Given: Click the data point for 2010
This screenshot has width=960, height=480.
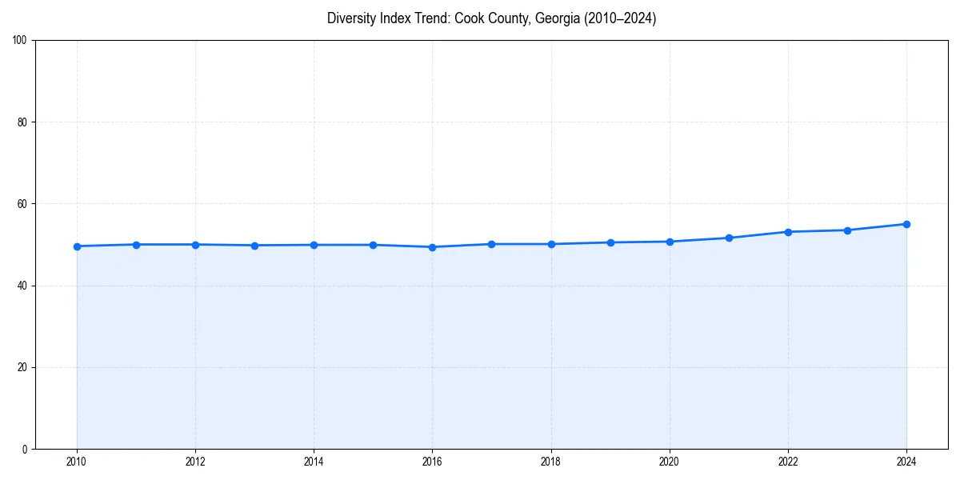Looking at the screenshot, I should pos(77,246).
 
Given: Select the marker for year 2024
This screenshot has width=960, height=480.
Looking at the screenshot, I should pos(906,224).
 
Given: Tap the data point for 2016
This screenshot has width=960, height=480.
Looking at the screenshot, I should pos(432,247).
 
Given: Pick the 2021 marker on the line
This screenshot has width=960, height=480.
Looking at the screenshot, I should pos(729,238).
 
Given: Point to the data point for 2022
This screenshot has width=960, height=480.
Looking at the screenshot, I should pos(788,232).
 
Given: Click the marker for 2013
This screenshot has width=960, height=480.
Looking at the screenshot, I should pos(254,246).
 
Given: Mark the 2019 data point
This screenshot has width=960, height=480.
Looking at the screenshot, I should pos(610,242).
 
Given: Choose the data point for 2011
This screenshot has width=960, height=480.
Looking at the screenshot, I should pos(136,245).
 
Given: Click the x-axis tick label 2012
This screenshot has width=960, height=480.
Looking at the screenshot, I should pos(195,462).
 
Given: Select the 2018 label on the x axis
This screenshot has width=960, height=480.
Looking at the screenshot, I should pos(551,462).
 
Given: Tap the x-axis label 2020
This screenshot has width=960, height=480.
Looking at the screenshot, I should pos(670,462).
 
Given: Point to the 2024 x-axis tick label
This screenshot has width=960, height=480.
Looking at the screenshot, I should pos(906,462).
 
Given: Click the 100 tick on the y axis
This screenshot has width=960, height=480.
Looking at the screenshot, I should pos(20,41).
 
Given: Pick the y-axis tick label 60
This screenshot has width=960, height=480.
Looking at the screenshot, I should pos(22,204).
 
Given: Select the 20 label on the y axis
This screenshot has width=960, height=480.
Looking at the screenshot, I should pos(22,367).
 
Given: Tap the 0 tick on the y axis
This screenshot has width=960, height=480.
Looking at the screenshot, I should pos(25,449).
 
